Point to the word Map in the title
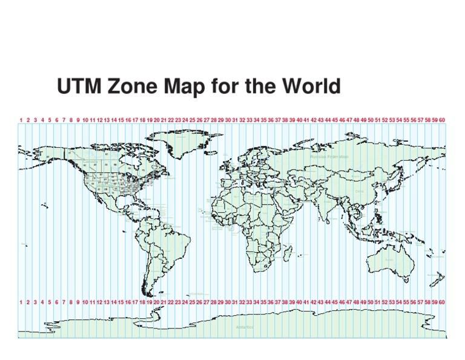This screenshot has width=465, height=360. click(190, 87)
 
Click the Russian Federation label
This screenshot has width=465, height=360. click(329, 157)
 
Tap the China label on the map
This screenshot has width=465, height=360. click(360, 191)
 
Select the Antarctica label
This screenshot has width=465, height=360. click(245, 327)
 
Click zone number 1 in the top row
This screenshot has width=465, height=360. click(21, 120)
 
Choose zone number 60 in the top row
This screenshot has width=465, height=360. click(442, 120)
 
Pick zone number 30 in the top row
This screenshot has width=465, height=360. click(228, 120)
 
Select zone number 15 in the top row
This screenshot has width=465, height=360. click(120, 120)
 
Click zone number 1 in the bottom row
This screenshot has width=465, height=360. click(21, 302)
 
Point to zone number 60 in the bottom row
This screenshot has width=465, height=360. click(442, 302)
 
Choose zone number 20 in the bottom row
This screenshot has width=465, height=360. click(156, 302)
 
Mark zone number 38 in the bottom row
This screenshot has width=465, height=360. click(285, 302)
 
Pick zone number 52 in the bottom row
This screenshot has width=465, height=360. click(385, 302)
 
